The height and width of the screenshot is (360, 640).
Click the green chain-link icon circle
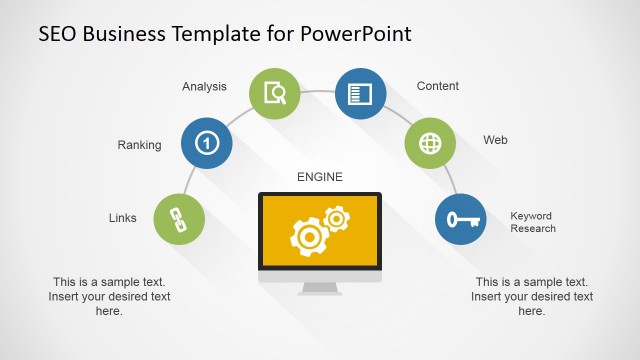tap(180, 218)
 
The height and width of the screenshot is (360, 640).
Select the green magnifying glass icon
tap(274, 94)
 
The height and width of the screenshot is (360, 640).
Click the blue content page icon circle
tap(360, 94)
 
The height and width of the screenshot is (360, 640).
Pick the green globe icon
tap(430, 143)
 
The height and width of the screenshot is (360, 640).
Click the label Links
tap(123, 218)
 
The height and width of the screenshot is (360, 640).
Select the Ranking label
tap(139, 145)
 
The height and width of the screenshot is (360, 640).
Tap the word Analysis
tap(205, 87)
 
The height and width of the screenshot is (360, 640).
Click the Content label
tap(438, 87)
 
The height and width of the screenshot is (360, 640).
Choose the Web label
tap(495, 140)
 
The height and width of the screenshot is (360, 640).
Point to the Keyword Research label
tap(532, 222)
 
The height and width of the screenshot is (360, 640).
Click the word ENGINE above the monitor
tap(320, 177)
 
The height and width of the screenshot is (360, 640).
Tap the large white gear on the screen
tap(307, 236)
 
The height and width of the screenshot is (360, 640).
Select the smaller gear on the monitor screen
tap(337, 217)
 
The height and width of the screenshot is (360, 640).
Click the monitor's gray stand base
tap(320, 289)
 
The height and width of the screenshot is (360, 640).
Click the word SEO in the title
tap(60, 33)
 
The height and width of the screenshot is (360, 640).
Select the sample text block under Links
tap(109, 296)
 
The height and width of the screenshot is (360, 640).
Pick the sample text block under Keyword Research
tap(532, 296)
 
